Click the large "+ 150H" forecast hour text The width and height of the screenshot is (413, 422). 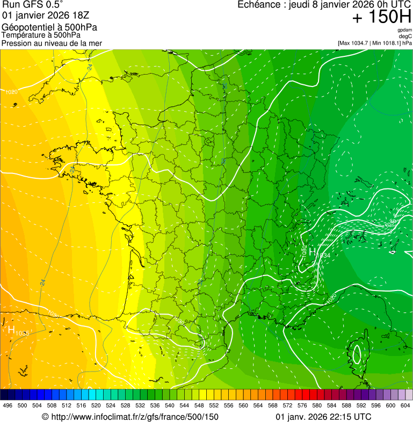pos(382,18)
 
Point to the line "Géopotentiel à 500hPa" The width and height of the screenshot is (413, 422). pos(49,27)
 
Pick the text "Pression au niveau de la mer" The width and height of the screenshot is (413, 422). pos(52,43)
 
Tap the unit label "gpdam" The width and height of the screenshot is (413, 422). pos(404,30)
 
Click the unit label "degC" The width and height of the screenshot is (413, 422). pos(405,36)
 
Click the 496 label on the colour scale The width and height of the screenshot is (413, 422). pos(8,405)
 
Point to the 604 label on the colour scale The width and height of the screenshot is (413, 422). pos(405,405)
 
